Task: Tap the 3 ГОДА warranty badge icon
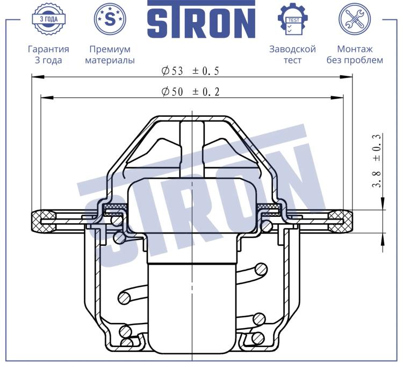[48, 19]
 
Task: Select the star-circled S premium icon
[110, 19]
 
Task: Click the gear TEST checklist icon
[293, 19]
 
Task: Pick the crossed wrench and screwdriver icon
[355, 19]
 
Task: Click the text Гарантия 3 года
[48, 54]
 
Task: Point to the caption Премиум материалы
[110, 54]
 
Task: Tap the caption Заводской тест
[292, 54]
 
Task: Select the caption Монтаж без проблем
[355, 54]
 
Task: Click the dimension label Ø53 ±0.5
[190, 71]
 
